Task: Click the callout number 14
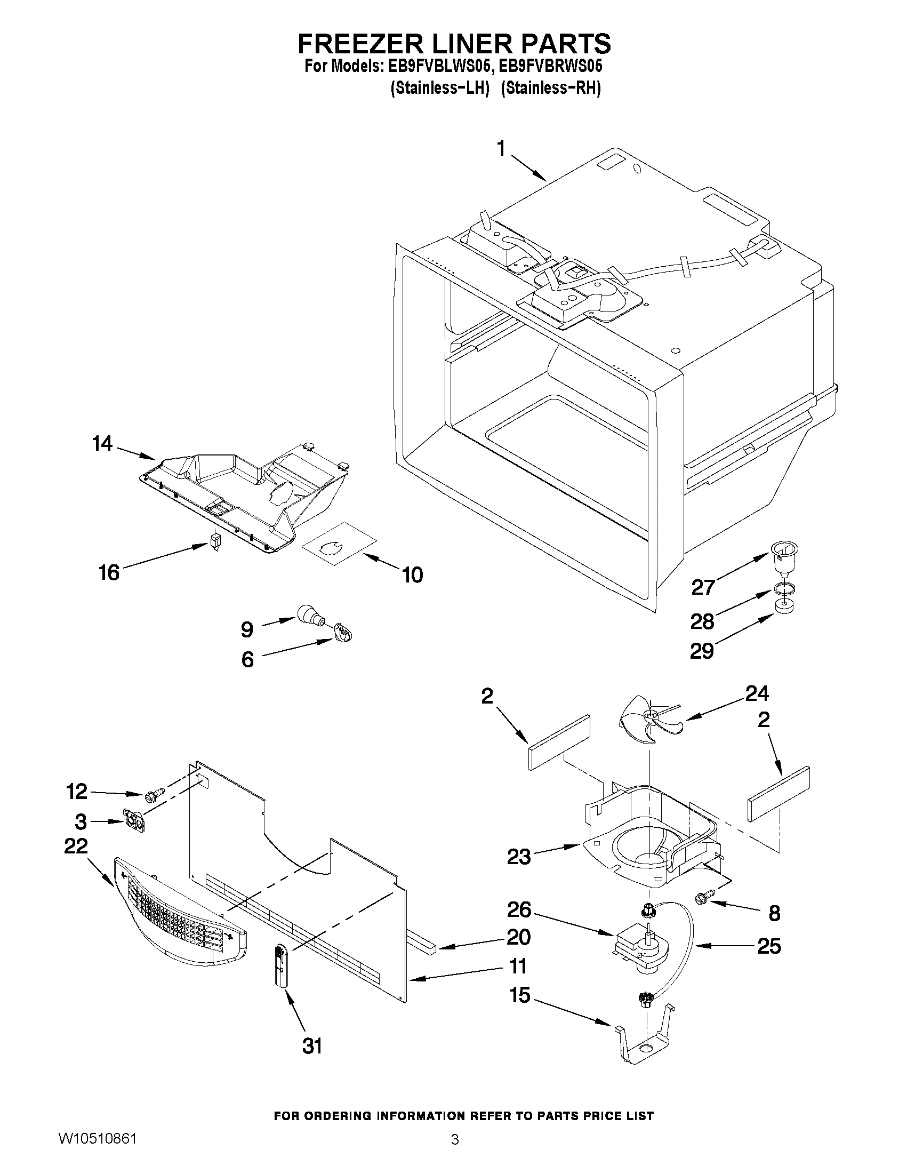pyautogui.click(x=102, y=444)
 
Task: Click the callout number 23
pyautogui.click(x=518, y=856)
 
